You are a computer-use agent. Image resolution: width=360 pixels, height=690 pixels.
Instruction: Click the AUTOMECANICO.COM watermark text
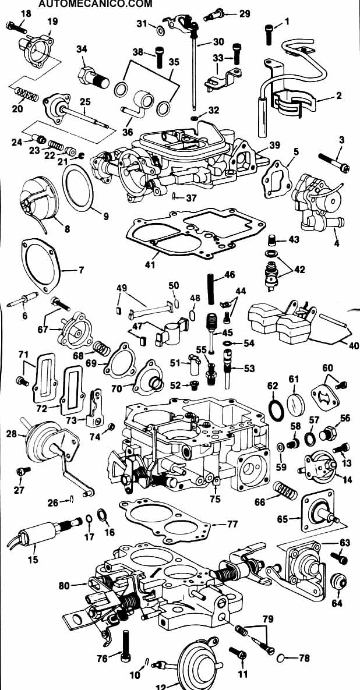[x=96, y=4]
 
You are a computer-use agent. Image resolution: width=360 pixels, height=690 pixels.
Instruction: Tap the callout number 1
[x=287, y=23]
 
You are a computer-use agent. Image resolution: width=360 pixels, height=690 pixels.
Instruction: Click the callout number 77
[x=232, y=523]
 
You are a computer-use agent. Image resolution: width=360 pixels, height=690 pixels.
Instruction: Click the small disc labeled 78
[x=280, y=658]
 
